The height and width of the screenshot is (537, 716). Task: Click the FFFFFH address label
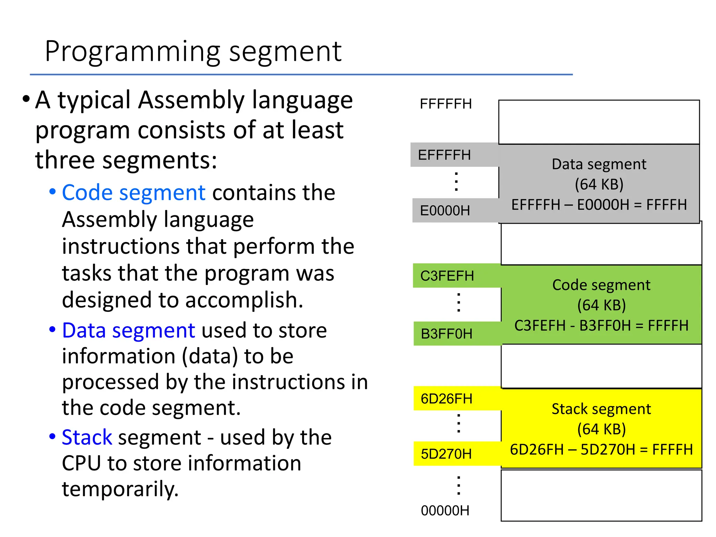446,104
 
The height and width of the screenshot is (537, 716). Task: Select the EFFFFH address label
444,155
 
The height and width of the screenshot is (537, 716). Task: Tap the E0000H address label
445,211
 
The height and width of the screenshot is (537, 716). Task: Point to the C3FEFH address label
447,276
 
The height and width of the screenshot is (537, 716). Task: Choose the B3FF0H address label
446,334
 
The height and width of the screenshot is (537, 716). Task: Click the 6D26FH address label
446,399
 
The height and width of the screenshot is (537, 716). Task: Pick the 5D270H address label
446,454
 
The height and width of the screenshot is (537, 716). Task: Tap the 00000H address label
445,511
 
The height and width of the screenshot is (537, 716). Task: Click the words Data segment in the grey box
599,164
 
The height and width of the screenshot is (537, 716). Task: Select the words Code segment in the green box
601,285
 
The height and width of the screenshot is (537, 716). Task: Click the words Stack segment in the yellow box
601,409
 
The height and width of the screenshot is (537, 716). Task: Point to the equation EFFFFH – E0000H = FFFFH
599,205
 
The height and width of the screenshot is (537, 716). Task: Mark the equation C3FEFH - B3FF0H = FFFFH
601,326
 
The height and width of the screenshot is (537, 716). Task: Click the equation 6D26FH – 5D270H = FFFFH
601,450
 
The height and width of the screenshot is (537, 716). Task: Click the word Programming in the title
132,52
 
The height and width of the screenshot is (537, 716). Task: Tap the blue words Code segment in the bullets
134,193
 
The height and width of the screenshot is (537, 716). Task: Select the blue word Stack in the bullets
87,437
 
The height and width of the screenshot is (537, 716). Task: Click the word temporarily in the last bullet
120,489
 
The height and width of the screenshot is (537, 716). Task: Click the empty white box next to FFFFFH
599,122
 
